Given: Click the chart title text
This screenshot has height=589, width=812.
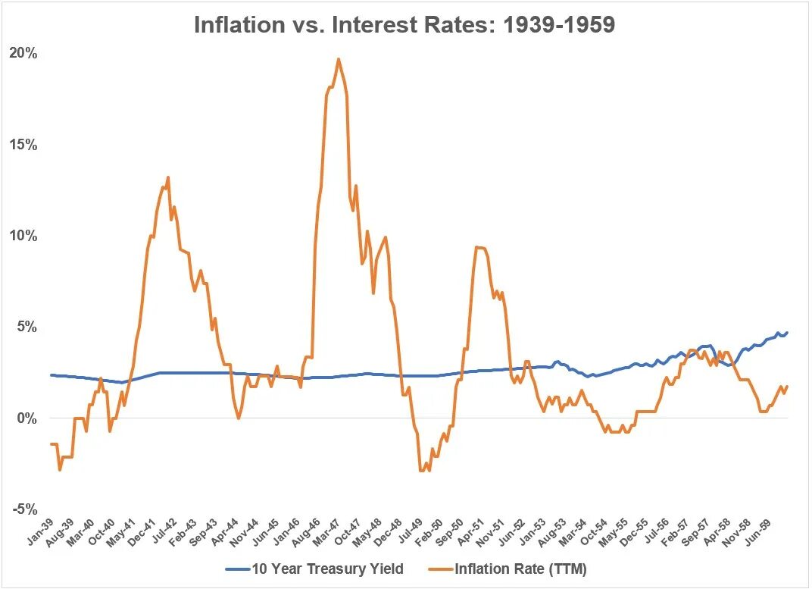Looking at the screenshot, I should pos(404,24).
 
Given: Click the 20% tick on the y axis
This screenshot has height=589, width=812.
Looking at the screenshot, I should pos(23,54).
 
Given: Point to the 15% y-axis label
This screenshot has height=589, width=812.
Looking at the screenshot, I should pos(23,145).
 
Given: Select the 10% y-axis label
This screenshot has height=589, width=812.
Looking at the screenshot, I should pos(23,236).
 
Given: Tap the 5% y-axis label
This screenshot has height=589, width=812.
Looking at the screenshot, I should pos(27,327).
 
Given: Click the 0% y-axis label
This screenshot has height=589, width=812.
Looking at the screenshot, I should pos(27,418).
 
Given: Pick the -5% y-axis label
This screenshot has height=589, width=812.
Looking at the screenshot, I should pos(25,509).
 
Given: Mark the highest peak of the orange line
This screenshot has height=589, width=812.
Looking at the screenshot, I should pos(338,59).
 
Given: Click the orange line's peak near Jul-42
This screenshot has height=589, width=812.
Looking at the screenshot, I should pos(167,178).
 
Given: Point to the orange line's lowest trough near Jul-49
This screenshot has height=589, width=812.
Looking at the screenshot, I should pos(421,471).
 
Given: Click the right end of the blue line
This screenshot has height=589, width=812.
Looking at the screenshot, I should pos(787,333).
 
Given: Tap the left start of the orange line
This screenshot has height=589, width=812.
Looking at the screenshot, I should pos(52,444).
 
